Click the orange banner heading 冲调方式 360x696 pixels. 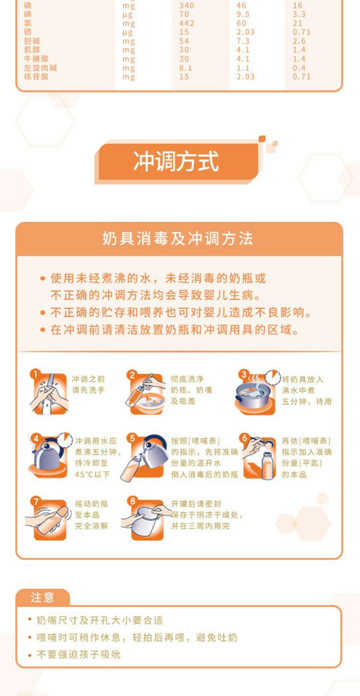pos(176,162)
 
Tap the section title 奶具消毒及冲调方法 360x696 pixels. pos(178,239)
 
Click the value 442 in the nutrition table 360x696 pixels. pos(187,23)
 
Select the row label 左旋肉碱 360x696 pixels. pos(40,68)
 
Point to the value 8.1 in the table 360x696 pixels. pos(185,68)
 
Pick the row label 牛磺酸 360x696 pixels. pos(36,59)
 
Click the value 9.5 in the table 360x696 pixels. pos(243,14)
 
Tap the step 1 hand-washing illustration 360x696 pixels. pos(49,393)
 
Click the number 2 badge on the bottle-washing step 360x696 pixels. pos(132,375)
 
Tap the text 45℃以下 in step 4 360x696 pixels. pos(92,475)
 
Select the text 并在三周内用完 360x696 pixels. pos(200,526)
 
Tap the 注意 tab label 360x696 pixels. pos(42,597)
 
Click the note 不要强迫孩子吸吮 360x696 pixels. pos(79,655)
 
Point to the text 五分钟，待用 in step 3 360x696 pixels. pos(306,402)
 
